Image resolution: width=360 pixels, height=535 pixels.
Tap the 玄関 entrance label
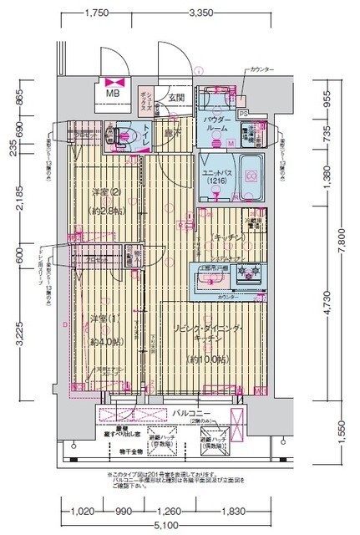175,99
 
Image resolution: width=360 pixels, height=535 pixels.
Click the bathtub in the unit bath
249,176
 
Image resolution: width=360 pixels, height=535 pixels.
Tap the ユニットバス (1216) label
215,176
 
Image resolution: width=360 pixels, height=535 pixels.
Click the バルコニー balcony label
191,412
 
